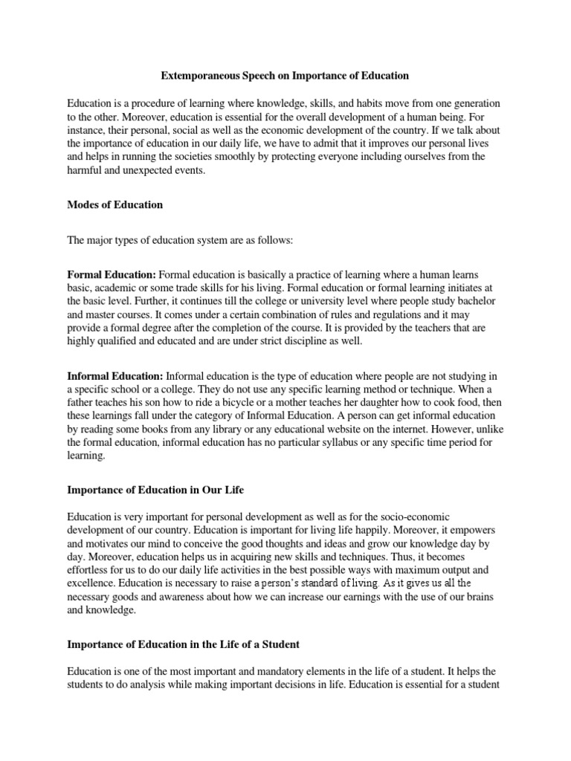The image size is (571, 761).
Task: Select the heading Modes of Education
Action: pos(115,204)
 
